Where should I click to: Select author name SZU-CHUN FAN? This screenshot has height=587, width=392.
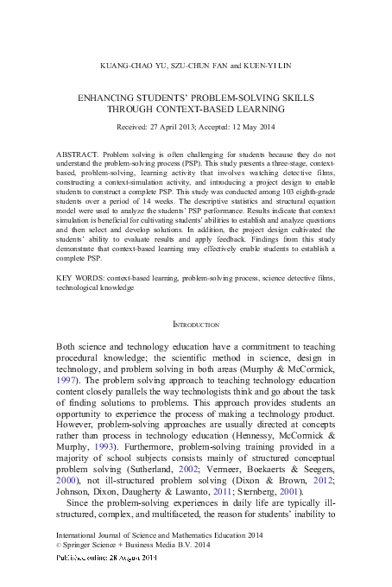(203, 66)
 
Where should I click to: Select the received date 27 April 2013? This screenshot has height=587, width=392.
(175, 125)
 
